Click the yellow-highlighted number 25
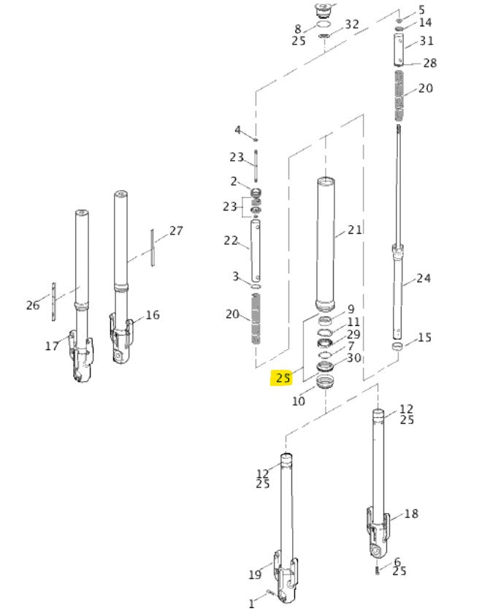[x=283, y=378]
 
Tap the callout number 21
[x=354, y=230]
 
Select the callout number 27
[x=176, y=231]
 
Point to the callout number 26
[x=33, y=305]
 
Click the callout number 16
[x=153, y=315]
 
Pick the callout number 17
[x=52, y=346]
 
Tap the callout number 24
[x=423, y=278]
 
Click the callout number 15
[x=424, y=338]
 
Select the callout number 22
[x=231, y=240]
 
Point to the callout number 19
[x=255, y=574]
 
